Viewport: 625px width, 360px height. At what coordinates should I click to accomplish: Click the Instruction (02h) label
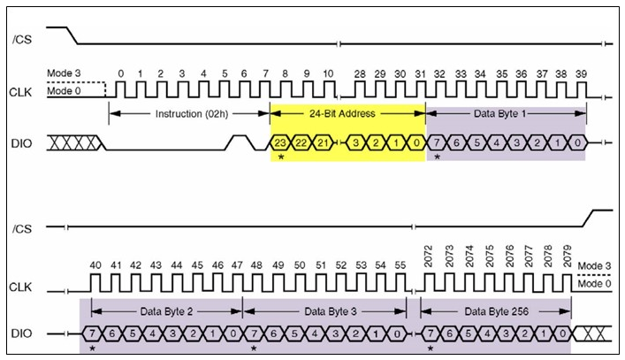[188, 114]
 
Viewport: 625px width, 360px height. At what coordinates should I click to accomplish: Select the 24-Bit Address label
[348, 114]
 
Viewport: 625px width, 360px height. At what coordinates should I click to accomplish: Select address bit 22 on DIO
[303, 142]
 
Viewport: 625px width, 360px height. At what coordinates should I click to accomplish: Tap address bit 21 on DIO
[324, 142]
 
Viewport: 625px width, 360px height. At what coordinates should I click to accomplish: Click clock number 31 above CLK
[419, 73]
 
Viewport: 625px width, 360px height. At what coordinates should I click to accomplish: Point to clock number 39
[580, 73]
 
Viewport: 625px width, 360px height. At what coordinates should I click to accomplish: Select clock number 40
[95, 264]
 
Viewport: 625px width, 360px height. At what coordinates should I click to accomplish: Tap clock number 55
[399, 264]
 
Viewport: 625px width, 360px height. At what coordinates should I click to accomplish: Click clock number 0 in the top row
[121, 73]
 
